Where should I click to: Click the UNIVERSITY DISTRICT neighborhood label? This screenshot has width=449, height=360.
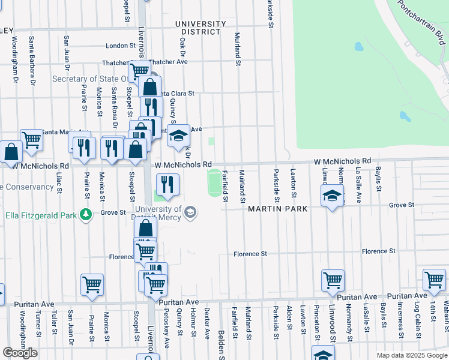coord(200,28)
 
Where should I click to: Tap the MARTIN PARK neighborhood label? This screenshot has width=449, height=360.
coord(277,209)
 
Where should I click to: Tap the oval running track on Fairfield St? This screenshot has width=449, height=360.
coord(214,182)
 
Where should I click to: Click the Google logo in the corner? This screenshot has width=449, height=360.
coord(19,353)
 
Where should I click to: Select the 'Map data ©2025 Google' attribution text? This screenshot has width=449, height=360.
coord(411,355)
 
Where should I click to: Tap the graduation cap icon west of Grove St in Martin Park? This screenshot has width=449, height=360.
coord(332,196)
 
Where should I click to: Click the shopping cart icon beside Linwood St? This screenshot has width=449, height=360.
coord(333,280)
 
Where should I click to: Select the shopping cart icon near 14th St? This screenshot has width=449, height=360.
coord(434,279)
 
